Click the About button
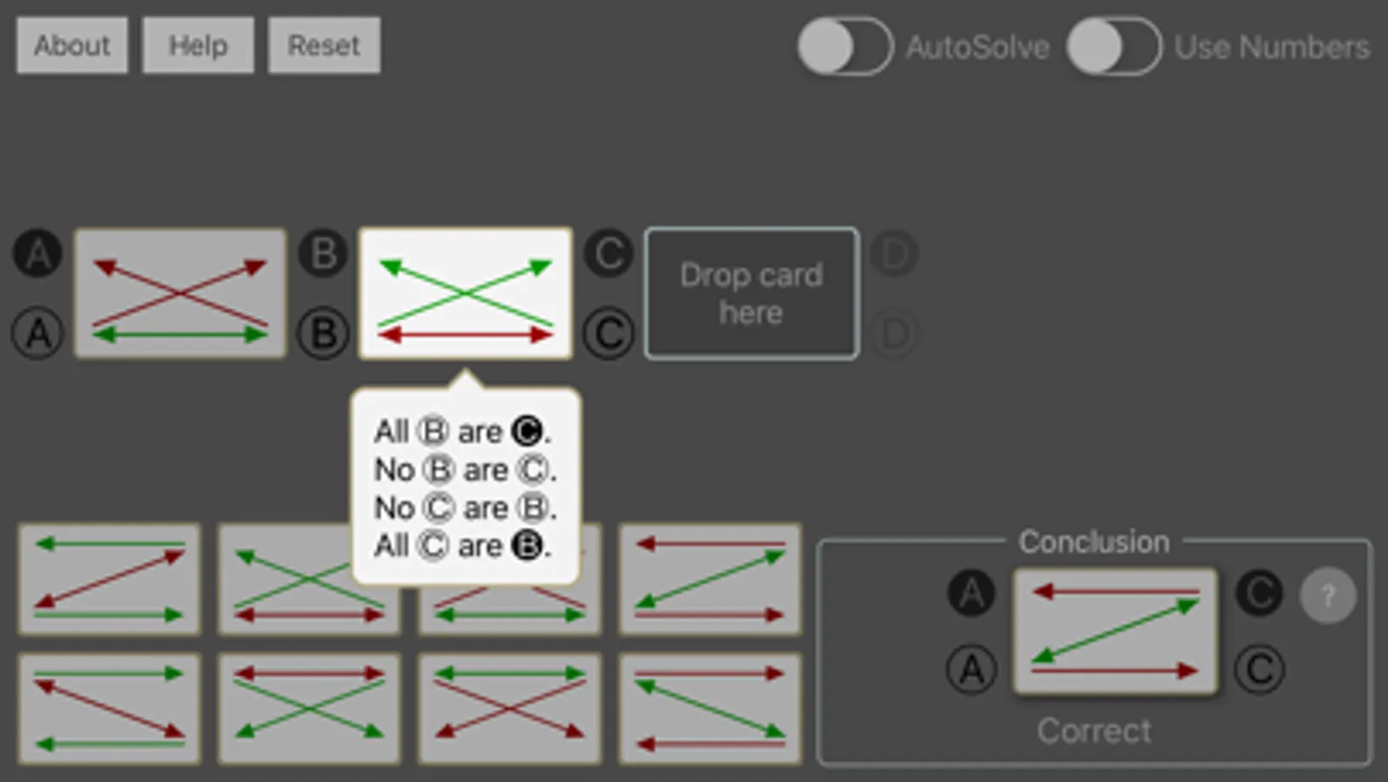[x=73, y=45]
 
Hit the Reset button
[x=324, y=45]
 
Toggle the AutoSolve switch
[x=845, y=47]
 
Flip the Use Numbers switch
[x=1114, y=47]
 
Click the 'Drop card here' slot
[x=752, y=294]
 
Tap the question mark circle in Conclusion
[x=1328, y=595]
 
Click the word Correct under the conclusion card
[x=1095, y=731]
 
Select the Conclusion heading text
[x=1095, y=542]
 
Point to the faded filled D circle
[x=894, y=254]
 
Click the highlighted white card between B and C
[x=465, y=294]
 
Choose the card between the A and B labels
[x=181, y=294]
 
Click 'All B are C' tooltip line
[x=463, y=432]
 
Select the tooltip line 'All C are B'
[x=463, y=546]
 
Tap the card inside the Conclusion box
[x=1115, y=631]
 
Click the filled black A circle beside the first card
[x=38, y=254]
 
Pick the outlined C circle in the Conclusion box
[x=1260, y=670]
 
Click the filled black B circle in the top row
[x=323, y=254]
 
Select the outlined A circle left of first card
[x=38, y=334]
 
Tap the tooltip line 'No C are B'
[x=465, y=508]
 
